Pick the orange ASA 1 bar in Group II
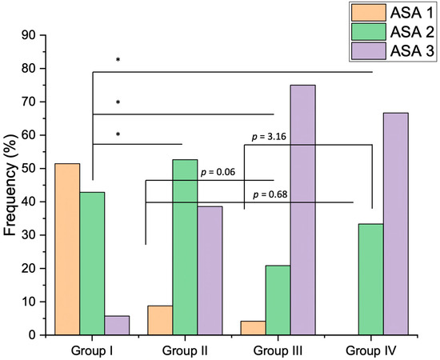(x=160, y=321)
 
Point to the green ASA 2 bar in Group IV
(x=370, y=279)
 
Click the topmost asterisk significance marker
(x=118, y=60)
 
